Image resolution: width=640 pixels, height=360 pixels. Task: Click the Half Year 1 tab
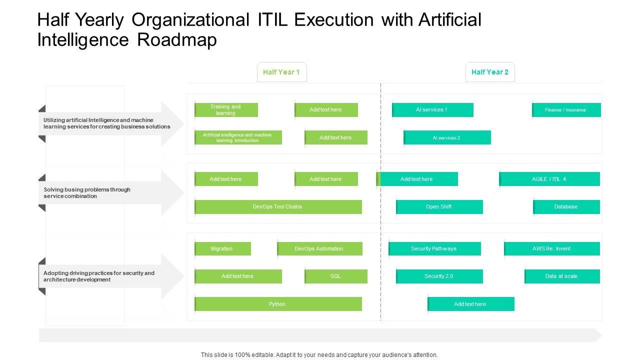281,72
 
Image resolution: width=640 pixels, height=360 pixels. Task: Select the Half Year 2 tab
490,72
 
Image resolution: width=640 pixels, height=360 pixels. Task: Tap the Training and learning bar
226,110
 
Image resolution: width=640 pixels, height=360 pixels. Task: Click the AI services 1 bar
432,110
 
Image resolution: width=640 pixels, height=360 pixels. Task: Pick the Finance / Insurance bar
566,110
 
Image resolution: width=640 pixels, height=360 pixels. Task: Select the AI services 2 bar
447,137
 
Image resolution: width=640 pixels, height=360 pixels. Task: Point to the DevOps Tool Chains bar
278,207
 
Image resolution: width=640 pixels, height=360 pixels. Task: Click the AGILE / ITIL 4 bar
549,179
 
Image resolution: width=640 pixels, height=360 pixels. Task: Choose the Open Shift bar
439,207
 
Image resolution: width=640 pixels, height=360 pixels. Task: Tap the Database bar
566,207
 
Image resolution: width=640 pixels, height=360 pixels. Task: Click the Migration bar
222,248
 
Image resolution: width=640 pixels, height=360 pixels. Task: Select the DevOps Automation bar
319,248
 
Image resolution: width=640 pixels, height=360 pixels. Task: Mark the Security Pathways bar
434,248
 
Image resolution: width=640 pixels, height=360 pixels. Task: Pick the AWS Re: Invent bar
552,248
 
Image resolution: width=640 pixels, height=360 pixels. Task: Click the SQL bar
336,276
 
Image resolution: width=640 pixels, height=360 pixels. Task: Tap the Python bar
278,304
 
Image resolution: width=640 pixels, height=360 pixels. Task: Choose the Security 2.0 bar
439,276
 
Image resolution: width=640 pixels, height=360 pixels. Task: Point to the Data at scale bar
562,276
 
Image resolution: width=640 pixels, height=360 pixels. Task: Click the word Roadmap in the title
177,40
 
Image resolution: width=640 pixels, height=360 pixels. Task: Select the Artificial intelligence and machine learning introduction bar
238,137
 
